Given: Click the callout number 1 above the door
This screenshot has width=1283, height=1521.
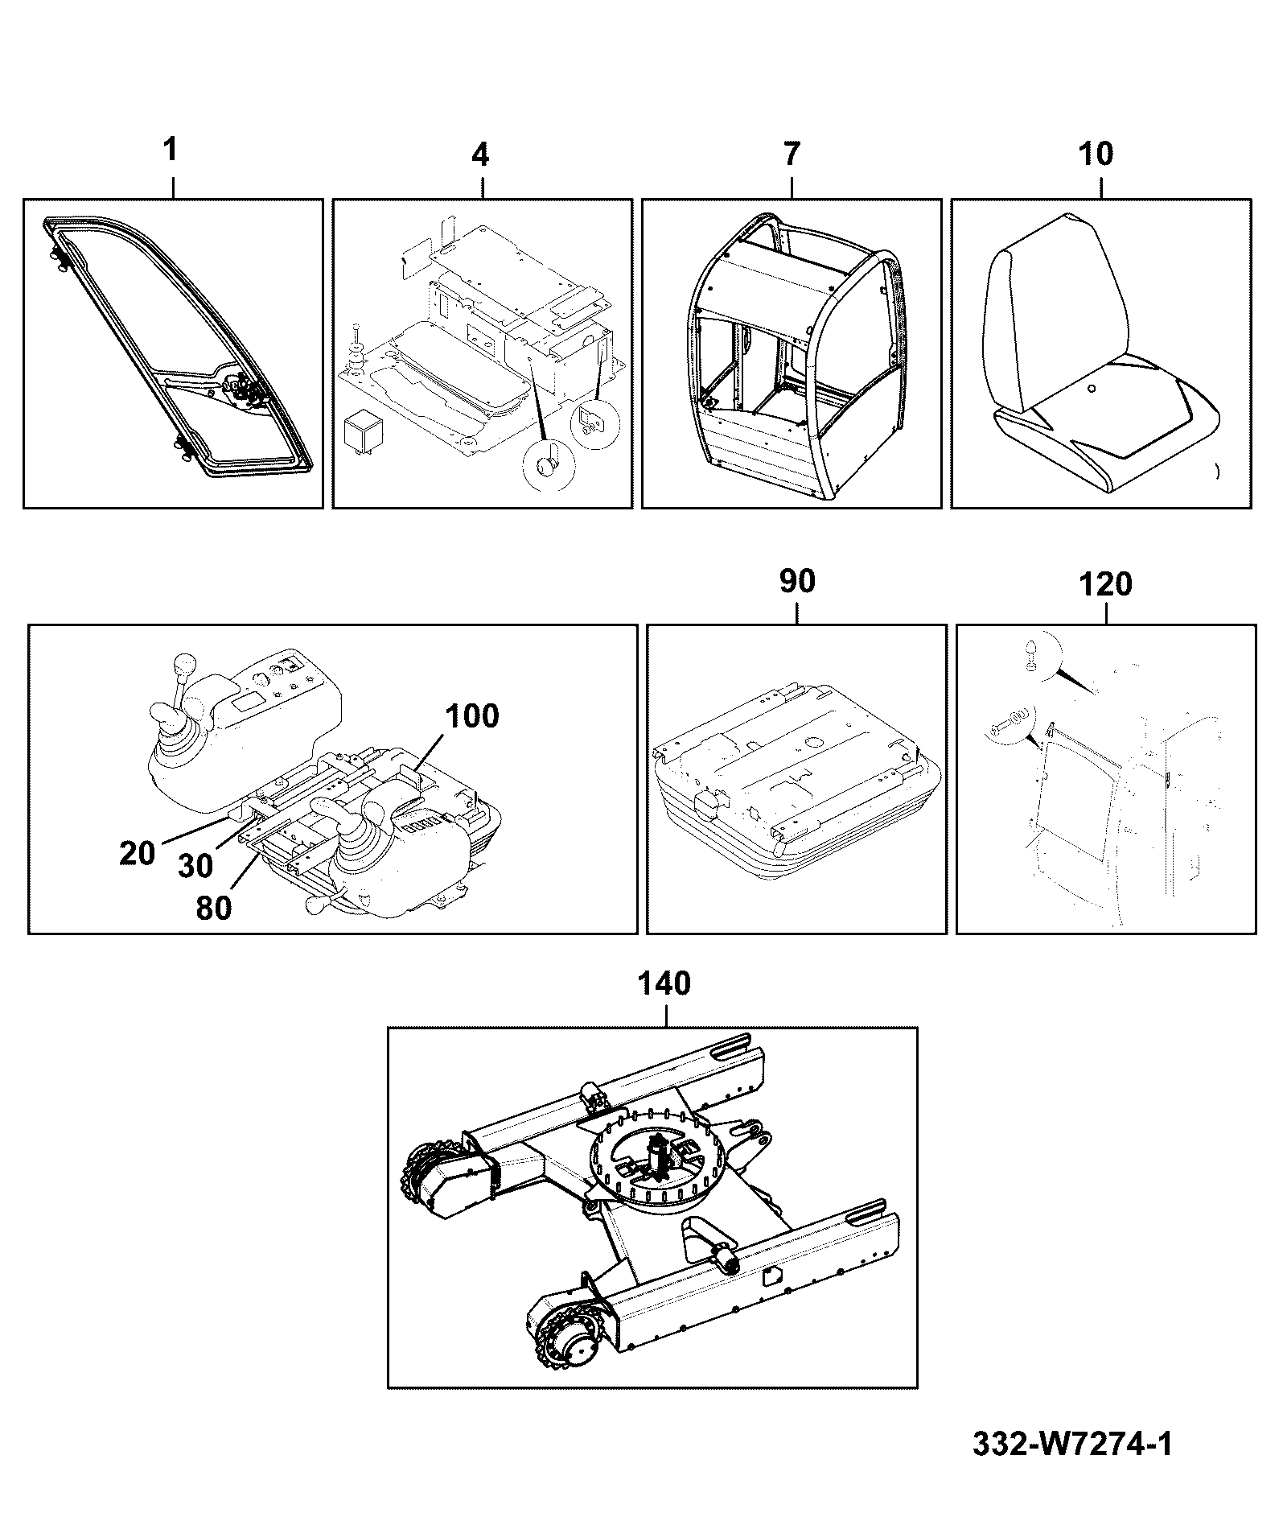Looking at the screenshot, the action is pyautogui.click(x=171, y=150).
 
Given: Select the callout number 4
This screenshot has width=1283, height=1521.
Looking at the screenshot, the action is pyautogui.click(x=481, y=154).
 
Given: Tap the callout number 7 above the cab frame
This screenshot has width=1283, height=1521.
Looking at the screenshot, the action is pyautogui.click(x=792, y=154).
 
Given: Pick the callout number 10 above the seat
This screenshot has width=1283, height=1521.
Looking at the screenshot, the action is pyautogui.click(x=1096, y=153).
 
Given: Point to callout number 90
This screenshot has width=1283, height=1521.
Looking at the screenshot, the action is pyautogui.click(x=797, y=580).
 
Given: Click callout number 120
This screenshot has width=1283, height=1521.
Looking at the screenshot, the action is pyautogui.click(x=1105, y=583).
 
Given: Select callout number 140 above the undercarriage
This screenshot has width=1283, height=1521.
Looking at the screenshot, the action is pyautogui.click(x=664, y=983).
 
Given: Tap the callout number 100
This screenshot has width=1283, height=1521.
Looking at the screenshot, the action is pyautogui.click(x=471, y=715).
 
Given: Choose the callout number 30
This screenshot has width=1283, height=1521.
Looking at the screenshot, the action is pyautogui.click(x=195, y=866).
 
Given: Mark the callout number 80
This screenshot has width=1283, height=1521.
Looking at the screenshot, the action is pyautogui.click(x=214, y=908).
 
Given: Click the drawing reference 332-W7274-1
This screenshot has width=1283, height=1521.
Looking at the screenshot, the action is pyautogui.click(x=1072, y=1444).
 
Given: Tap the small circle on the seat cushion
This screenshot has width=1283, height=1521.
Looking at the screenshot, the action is pyautogui.click(x=1091, y=389).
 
